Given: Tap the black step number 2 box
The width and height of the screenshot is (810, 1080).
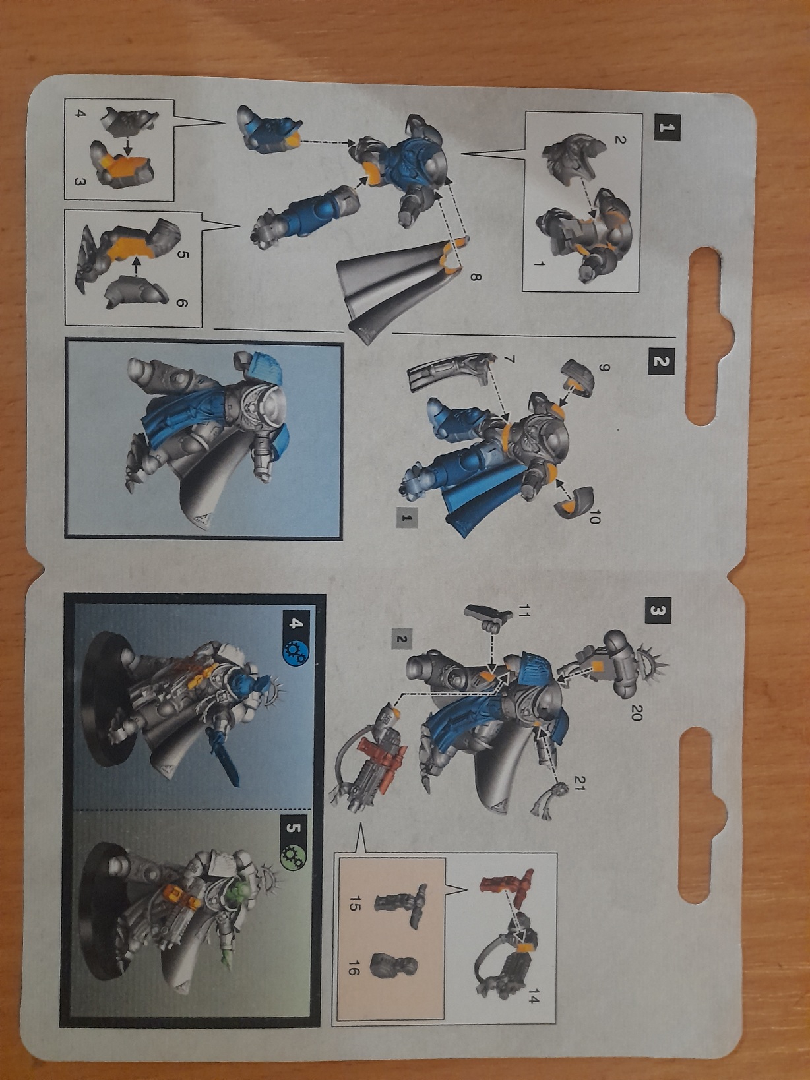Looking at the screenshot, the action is (x=662, y=361).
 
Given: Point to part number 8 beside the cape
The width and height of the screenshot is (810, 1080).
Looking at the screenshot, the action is (x=476, y=277).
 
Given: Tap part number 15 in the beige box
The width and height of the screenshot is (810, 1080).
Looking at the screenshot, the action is (x=354, y=904).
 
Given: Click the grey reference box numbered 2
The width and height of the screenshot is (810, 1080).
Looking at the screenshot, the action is (x=402, y=639).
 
